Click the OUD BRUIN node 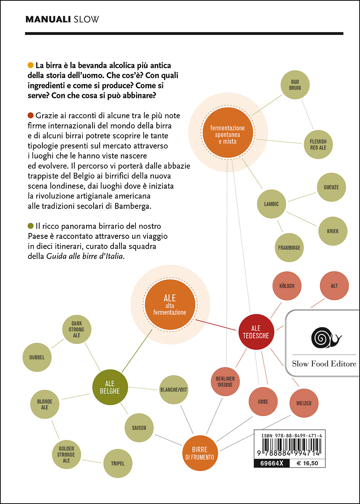[295, 85]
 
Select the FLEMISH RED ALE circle [318, 144]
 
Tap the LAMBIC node [271, 204]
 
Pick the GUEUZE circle [331, 187]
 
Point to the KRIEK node [333, 231]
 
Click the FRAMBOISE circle [289, 248]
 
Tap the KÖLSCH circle [287, 286]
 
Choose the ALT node [334, 286]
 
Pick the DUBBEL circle [37, 357]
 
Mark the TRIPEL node [118, 464]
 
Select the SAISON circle [139, 428]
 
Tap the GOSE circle [263, 402]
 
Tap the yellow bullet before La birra [31, 66]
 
